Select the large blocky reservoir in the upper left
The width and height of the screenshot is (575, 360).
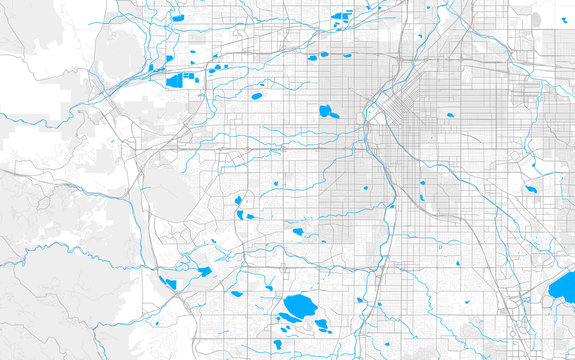[x=178, y=81]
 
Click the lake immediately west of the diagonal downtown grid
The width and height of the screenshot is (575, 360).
[x=327, y=111]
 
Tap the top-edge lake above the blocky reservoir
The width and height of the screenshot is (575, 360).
[x=177, y=17]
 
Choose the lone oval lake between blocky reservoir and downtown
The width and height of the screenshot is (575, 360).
[x=257, y=97]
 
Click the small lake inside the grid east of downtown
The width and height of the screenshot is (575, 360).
[x=450, y=116]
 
